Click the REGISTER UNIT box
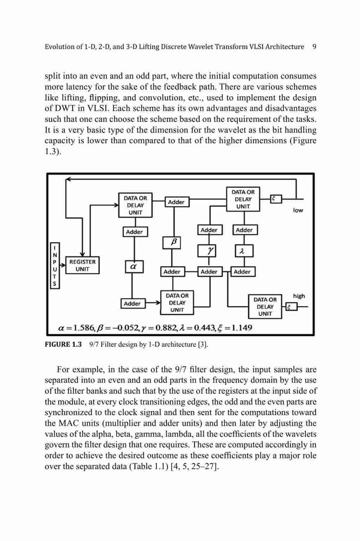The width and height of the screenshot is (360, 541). (82, 265)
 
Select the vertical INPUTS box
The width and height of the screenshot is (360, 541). (55, 265)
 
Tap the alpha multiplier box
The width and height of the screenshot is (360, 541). (134, 266)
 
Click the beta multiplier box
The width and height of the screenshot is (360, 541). (172, 242)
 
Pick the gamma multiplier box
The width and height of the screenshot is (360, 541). (206, 251)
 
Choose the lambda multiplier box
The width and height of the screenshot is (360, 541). (244, 251)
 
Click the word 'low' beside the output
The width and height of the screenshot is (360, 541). (298, 210)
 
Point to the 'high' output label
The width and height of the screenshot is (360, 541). (299, 296)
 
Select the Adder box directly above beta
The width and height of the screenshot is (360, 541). (176, 202)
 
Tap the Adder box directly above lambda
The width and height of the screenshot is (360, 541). (244, 230)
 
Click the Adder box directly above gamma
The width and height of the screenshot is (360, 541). (209, 230)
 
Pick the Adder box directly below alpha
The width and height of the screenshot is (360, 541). (132, 304)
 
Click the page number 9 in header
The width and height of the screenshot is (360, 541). (314, 47)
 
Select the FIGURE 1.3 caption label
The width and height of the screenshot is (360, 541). (63, 344)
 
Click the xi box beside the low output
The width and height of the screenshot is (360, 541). (276, 199)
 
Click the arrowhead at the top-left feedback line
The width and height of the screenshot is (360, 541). (68, 179)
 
